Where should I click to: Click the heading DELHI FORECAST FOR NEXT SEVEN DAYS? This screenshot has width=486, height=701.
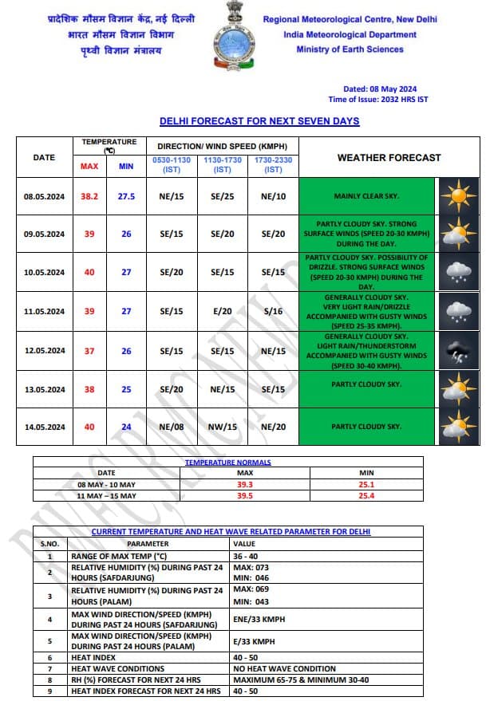[259, 121]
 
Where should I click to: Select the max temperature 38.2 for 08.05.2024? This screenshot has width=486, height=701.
[89, 196]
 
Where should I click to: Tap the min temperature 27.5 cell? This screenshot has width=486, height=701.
[126, 196]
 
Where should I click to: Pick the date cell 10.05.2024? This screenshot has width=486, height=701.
[44, 273]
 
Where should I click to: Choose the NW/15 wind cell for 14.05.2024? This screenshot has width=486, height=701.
[222, 427]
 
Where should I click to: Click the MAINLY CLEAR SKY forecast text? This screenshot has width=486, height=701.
[367, 196]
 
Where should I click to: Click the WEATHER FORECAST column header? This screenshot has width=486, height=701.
[389, 158]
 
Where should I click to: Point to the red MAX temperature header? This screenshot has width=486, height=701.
[89, 167]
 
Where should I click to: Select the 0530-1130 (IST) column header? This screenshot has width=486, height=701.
[172, 166]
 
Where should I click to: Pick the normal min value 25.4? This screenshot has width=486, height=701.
[367, 496]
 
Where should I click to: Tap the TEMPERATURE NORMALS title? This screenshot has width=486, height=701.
[228, 463]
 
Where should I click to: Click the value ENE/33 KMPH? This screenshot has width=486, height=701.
[259, 619]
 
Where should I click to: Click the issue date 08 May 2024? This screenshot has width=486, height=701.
[381, 89]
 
